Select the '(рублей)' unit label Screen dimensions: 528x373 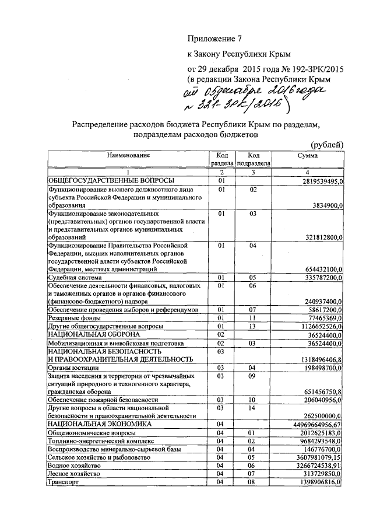coord(327,145)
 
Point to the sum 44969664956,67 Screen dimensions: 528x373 coord(319,425)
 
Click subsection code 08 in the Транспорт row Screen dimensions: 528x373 coord(252,482)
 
